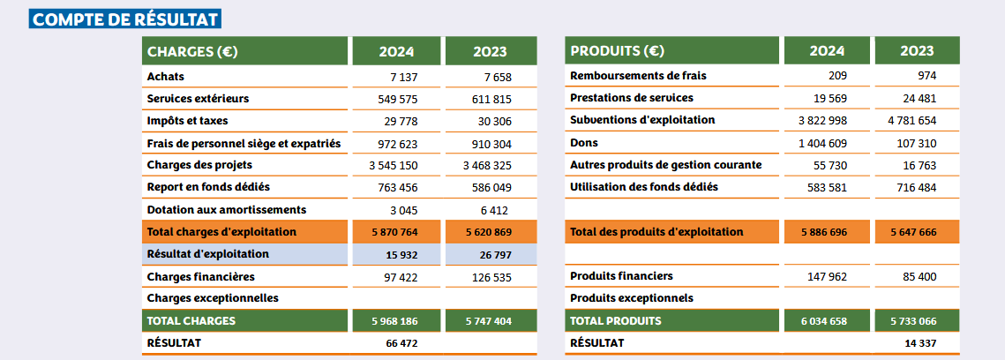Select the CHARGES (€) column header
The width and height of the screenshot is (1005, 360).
click(192, 51)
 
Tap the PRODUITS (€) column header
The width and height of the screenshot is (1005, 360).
click(618, 51)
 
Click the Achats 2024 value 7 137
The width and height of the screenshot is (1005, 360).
click(401, 77)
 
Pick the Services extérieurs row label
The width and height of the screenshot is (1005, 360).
click(199, 99)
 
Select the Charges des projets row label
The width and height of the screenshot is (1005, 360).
click(199, 165)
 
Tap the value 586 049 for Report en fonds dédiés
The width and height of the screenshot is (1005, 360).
click(491, 187)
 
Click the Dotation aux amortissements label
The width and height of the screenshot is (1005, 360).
click(227, 210)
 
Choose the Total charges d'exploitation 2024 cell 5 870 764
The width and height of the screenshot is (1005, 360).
click(396, 232)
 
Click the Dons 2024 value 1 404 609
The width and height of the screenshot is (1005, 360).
click(822, 143)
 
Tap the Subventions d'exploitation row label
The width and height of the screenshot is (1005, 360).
click(642, 120)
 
